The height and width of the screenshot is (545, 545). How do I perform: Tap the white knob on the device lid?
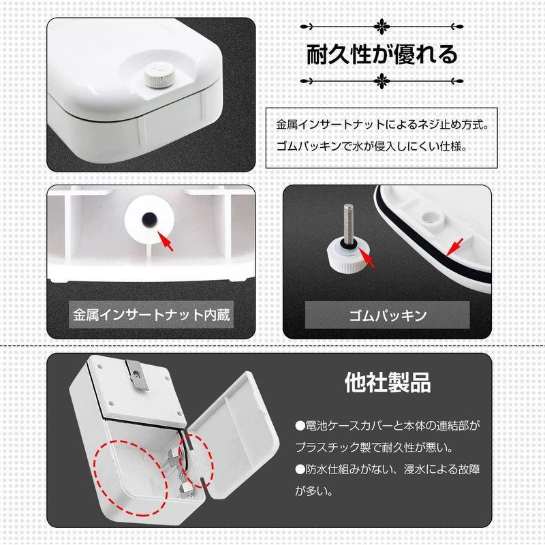click(x=157, y=76)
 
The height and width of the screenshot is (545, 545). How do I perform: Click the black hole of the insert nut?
click(x=148, y=219)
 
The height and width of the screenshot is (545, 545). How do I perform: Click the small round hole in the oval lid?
click(x=429, y=213)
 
